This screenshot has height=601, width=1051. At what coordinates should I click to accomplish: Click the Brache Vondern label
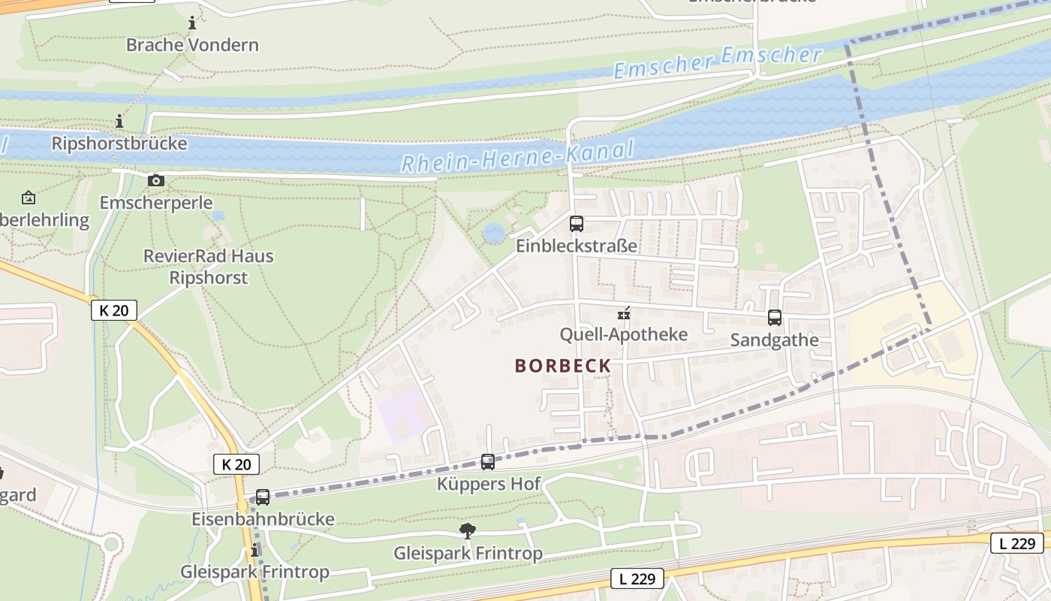192,45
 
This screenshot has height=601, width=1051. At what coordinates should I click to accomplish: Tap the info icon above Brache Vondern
192,23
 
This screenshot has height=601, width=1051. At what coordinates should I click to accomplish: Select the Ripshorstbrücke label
119,143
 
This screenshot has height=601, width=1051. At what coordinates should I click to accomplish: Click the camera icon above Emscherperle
156,180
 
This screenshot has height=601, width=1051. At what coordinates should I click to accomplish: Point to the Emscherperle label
156,203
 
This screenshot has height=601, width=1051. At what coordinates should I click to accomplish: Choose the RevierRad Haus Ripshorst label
209,267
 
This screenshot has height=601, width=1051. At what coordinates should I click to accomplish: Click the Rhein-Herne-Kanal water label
517,156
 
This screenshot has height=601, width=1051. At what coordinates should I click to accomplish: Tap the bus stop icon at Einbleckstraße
576,223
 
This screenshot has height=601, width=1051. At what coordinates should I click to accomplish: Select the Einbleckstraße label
576,246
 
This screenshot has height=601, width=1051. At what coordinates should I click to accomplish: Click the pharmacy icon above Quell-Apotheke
624,313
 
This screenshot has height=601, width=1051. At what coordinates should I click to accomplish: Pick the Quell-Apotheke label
624,334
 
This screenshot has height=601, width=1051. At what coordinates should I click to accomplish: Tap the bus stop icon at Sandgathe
775,318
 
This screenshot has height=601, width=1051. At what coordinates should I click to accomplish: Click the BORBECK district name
562,366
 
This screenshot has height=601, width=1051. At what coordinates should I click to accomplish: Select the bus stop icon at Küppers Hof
488,462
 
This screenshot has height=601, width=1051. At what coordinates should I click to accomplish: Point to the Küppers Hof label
489,484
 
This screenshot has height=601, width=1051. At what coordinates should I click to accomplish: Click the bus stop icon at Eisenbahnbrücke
263,497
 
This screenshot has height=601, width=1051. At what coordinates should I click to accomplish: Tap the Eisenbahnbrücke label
263,519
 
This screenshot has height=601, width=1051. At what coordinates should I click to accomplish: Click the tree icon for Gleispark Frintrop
468,531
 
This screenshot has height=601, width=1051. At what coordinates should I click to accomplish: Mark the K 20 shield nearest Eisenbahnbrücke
236,464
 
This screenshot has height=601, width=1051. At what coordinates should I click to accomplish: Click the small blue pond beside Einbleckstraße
494,233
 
